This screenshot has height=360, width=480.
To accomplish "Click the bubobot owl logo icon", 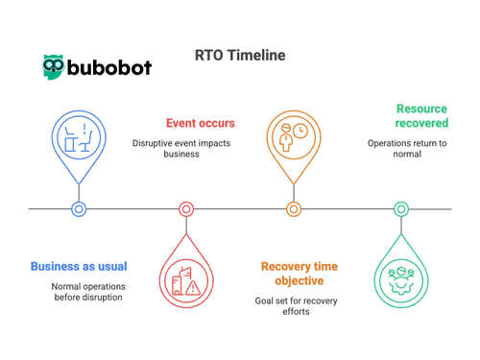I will [x=55, y=66].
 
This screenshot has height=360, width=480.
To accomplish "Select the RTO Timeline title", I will [x=239, y=56].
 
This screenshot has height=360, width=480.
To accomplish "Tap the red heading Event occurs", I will [x=200, y=124].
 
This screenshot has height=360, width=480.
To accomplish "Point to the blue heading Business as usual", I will [x=79, y=266].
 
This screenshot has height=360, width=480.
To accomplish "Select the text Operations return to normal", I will [x=409, y=148].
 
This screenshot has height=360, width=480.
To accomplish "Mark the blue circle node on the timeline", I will [x=79, y=208].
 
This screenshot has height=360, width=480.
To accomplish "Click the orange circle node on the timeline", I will [x=295, y=208].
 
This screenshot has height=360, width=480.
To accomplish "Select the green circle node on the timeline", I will [x=402, y=208].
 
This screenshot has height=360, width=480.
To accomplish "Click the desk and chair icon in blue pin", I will [x=79, y=139].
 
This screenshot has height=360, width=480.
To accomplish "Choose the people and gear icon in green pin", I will [x=402, y=277].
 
